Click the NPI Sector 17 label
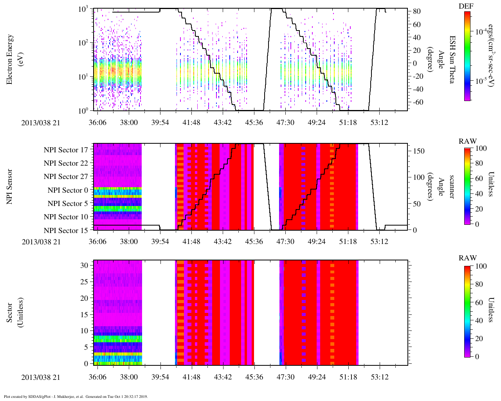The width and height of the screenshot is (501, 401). pos(66,150)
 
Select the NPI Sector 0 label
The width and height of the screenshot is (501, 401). pos(68,190)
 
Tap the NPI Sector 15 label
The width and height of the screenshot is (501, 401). pos(66,231)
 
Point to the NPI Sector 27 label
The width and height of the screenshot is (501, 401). pos(66,177)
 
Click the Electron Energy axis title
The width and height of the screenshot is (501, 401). pos(10,60)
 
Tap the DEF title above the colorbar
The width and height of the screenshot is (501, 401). pos(466,6)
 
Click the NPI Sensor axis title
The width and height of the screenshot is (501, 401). pos(10,186)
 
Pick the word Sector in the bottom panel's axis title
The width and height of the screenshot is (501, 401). pos(10,312)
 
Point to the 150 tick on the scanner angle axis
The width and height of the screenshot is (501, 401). pos(419,151)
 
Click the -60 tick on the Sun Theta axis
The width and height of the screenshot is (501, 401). pos(415,103)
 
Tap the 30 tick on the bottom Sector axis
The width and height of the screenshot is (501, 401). pos(84,265)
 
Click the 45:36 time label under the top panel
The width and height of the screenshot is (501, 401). pos(254,123)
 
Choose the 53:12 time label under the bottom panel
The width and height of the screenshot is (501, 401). pos(379,377)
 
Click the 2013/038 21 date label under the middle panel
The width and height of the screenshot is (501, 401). pos(41,242)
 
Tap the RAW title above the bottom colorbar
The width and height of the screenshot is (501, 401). pos(468,258)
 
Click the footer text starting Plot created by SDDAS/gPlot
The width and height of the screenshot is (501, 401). pos(76,397)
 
